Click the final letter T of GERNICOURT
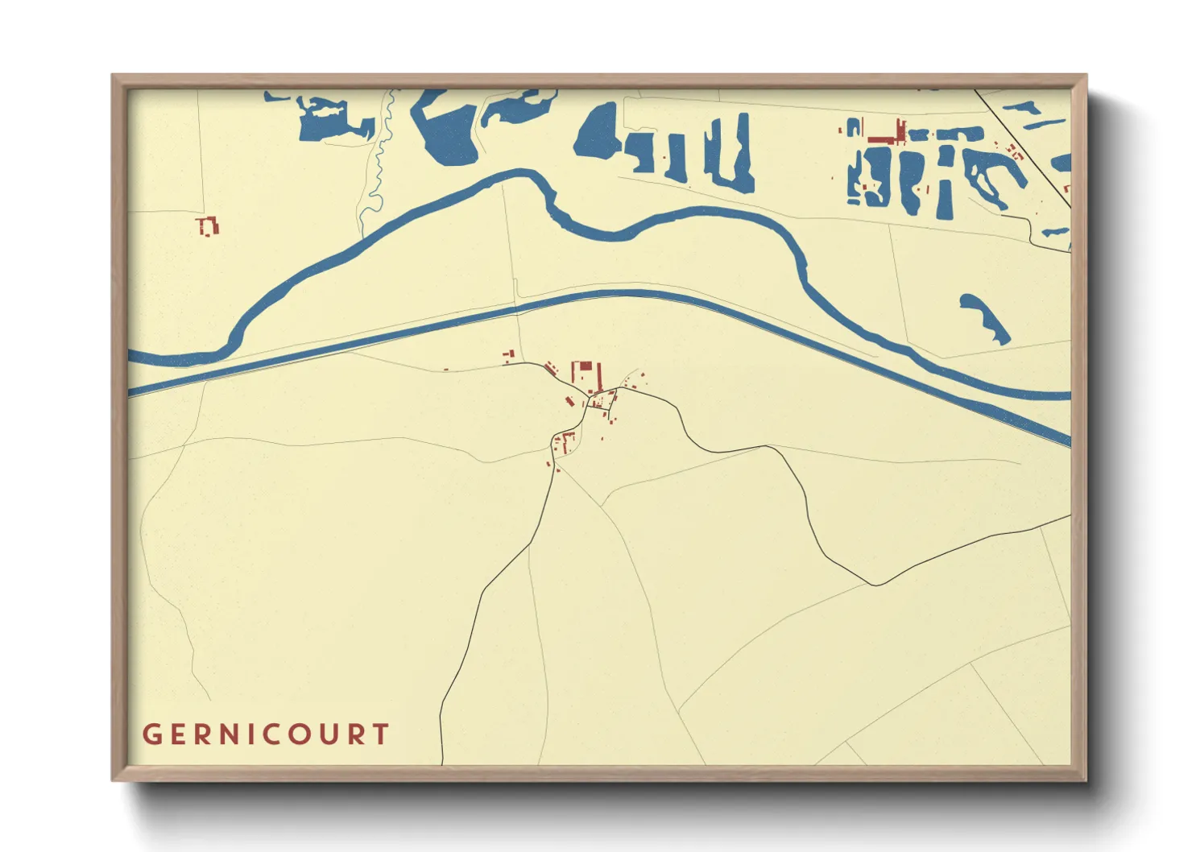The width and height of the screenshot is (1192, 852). point(380,734)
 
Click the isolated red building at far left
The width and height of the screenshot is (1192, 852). point(208,226)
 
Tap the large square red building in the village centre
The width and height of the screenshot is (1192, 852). point(586,374)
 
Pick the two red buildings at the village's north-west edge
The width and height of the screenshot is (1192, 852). point(507,355)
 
